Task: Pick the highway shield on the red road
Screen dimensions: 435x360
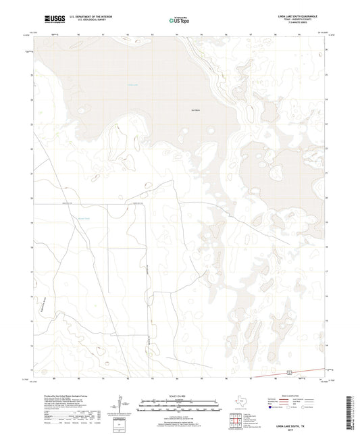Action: point(288,372)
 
